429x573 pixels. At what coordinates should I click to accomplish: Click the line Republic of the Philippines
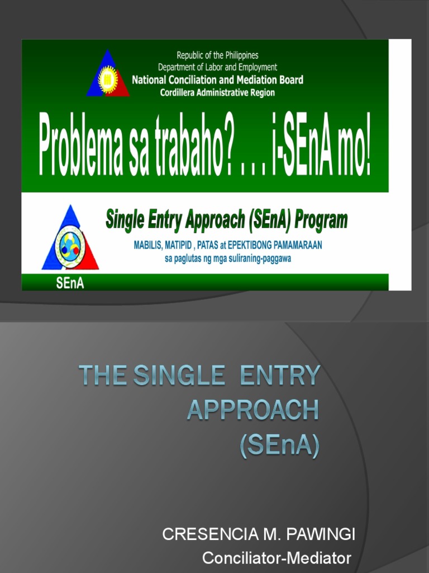point(218,55)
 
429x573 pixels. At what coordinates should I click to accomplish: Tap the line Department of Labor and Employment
point(218,67)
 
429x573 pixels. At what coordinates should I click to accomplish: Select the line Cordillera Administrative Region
point(218,93)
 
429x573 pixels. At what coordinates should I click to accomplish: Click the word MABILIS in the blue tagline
point(150,245)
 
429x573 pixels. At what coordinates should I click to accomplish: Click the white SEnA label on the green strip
point(70,283)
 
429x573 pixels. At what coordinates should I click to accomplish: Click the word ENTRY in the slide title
point(280,375)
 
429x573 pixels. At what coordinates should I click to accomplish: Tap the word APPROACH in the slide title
point(253,410)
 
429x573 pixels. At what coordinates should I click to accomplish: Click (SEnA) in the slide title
point(280,446)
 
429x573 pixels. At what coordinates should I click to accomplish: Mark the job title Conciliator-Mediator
point(277,558)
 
